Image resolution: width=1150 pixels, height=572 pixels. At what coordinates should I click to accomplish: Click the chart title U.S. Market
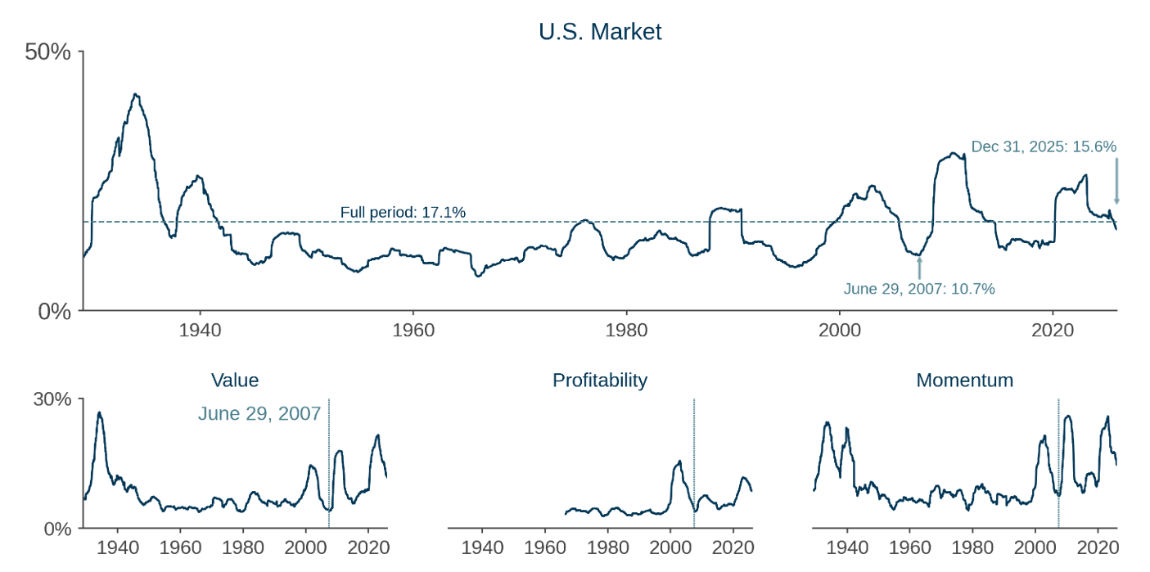[600, 32]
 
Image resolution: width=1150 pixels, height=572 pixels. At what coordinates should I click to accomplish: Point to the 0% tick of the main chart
[56, 312]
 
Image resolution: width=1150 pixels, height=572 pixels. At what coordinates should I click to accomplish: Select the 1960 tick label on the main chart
[413, 331]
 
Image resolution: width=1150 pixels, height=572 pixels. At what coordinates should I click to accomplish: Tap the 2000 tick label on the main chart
[839, 331]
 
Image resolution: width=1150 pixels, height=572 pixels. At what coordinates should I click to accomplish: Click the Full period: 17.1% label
[403, 213]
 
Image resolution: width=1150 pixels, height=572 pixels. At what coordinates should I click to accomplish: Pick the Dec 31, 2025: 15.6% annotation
[1044, 147]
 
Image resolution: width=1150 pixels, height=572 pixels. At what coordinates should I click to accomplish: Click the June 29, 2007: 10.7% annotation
[919, 289]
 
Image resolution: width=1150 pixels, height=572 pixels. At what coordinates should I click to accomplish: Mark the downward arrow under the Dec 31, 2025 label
[1116, 182]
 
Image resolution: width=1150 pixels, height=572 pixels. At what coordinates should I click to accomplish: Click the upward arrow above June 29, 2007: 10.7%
[919, 268]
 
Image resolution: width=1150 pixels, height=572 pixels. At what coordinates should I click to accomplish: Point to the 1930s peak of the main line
[136, 96]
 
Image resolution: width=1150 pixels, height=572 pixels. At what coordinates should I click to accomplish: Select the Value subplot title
[235, 381]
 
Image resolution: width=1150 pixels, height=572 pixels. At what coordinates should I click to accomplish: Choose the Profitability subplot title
[600, 381]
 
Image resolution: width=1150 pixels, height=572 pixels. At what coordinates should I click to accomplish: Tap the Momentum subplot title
[964, 381]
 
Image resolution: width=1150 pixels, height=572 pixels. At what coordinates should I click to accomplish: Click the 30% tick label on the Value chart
[52, 399]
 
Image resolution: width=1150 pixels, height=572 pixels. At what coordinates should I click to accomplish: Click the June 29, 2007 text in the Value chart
[259, 414]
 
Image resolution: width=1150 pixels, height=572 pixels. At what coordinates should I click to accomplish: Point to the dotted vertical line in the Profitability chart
[694, 458]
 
